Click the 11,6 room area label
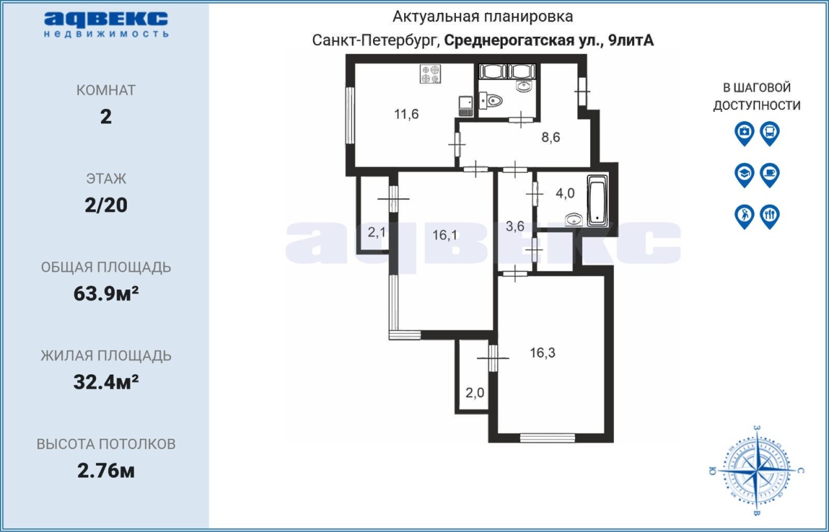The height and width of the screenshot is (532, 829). coord(406,115)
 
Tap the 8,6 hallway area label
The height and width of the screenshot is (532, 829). coord(551,137)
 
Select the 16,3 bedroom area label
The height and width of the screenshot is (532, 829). coord(543,353)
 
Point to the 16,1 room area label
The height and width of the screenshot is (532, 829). coord(445,235)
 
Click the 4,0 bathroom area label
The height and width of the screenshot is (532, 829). coord(565,193)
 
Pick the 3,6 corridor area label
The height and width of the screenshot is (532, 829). coord(515,226)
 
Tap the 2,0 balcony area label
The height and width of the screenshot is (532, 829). coord(475,392)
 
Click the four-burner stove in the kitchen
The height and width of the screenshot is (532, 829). coord(431,74)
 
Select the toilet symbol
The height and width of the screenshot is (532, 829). coord(490,100)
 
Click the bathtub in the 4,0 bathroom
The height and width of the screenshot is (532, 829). coord(597,201)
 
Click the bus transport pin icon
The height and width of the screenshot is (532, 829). coord(770,133)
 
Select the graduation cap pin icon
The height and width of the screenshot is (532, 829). coord(744,175)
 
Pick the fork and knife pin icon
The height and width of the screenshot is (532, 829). coord(770,217)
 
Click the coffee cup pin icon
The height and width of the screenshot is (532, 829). coord(770,175)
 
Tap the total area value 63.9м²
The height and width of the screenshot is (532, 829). coord(106,294)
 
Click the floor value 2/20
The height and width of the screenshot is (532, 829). coord(106,205)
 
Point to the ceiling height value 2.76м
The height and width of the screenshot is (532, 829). coord(106,471)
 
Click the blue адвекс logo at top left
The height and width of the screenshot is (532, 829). coord(106,25)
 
